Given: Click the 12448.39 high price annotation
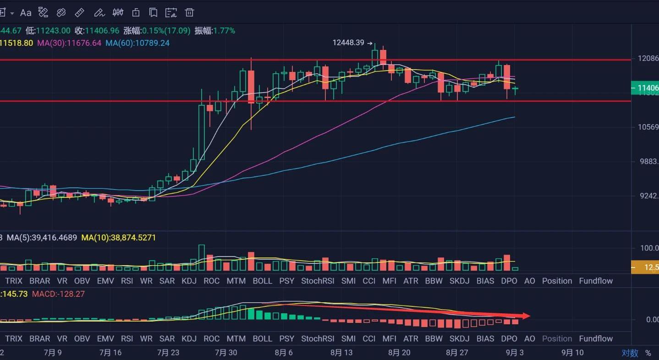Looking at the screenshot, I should (348, 43).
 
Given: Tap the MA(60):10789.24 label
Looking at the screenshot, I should (137, 43).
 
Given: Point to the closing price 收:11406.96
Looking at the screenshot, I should (97, 31).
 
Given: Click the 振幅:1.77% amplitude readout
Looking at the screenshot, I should (214, 31).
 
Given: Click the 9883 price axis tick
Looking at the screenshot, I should (648, 161).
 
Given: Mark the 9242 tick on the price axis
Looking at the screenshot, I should (648, 196).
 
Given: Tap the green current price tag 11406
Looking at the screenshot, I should (645, 88).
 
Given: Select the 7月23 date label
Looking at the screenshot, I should (168, 353).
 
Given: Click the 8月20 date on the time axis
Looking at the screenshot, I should (399, 353).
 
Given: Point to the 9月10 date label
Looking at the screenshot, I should (572, 353).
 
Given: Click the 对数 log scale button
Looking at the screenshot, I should (630, 353).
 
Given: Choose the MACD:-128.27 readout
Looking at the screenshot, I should (58, 294).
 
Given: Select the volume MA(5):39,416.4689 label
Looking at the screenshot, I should (42, 238).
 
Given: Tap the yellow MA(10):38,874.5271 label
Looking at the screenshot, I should (119, 238).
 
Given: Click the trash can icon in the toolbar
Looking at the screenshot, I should (189, 12).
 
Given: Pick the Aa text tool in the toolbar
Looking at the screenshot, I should (26, 12).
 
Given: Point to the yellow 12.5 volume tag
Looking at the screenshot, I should (645, 267).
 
